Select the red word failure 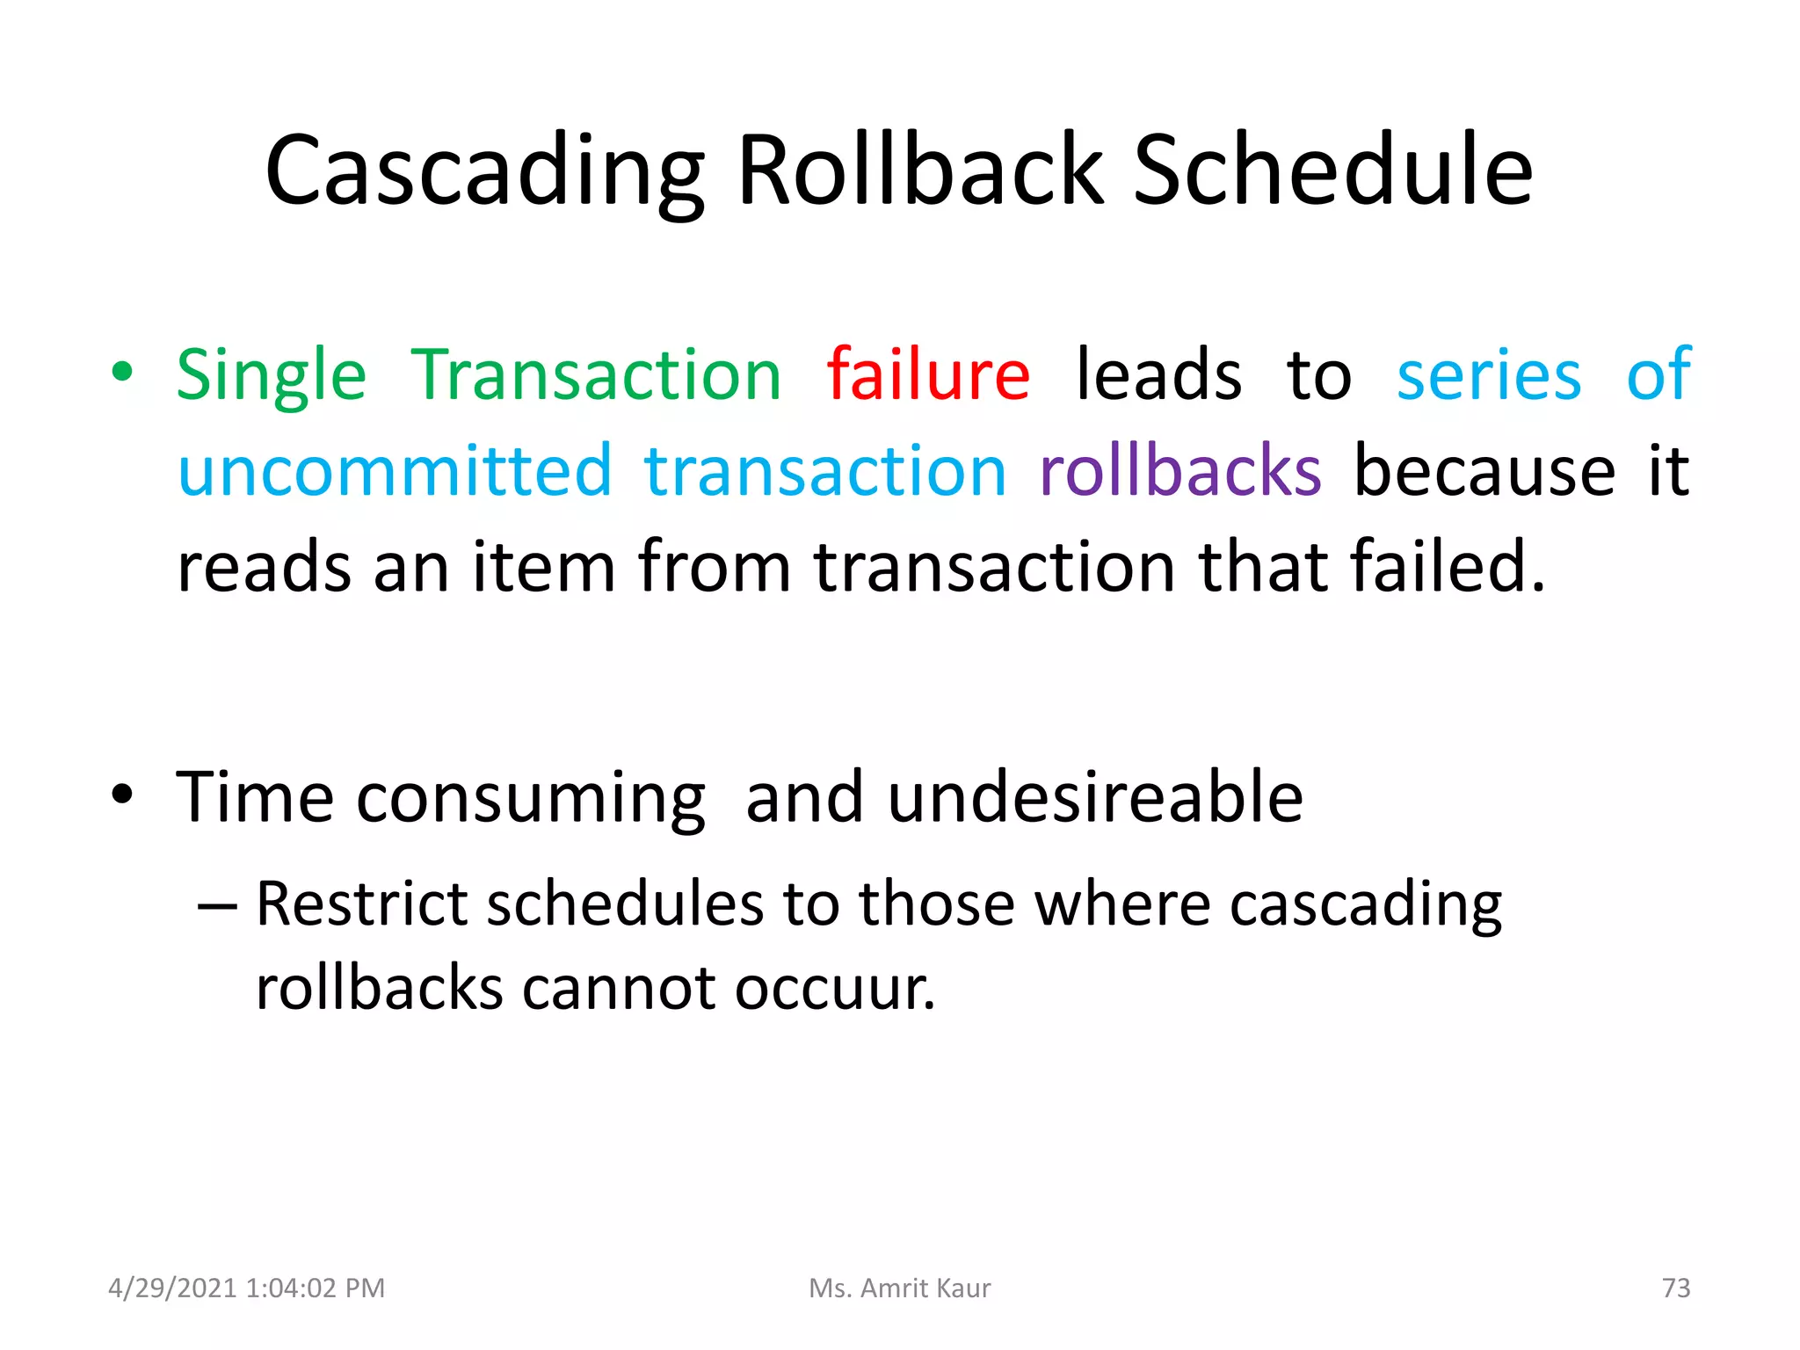coord(928,375)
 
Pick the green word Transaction coord(596,375)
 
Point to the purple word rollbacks coord(1179,471)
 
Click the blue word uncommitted coord(395,471)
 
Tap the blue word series coord(1489,375)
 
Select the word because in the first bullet coord(1484,471)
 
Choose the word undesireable coord(1095,797)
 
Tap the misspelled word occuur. coord(835,989)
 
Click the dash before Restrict coord(217,906)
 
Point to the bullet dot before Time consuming coord(122,795)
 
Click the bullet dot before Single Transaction coord(122,373)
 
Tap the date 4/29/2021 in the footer coord(172,1288)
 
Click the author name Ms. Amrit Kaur coord(899,1288)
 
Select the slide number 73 coord(1675,1288)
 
